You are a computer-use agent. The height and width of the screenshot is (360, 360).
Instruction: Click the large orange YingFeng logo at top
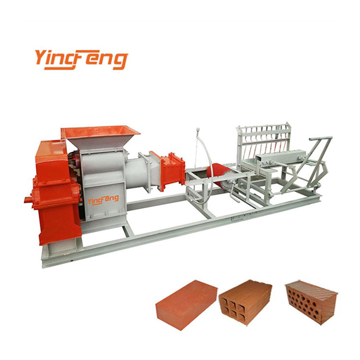tap(81, 59)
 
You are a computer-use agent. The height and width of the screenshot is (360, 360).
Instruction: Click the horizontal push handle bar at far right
tap(321, 139)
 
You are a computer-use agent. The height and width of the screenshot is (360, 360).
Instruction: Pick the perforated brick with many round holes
tap(311, 300)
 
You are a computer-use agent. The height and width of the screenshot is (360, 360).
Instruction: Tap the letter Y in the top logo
tap(41, 58)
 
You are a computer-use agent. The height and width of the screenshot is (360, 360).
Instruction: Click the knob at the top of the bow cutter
tap(197, 130)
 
